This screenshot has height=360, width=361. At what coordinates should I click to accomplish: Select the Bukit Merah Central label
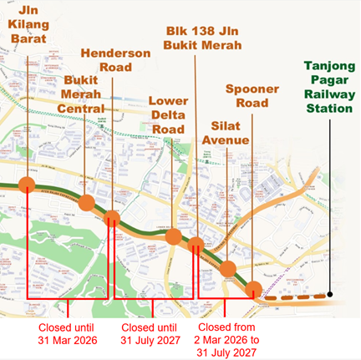85,93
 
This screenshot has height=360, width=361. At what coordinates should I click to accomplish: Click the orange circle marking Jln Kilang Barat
28,185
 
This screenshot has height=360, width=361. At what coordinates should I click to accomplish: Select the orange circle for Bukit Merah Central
87,204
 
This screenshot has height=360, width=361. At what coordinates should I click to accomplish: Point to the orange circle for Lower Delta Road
174,237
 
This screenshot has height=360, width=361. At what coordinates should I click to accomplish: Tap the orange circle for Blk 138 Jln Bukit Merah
196,245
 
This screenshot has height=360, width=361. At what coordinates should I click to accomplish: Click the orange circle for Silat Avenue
226,268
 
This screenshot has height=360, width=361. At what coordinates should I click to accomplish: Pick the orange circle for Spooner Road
253,289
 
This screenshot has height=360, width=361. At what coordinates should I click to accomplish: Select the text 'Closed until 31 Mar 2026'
68,333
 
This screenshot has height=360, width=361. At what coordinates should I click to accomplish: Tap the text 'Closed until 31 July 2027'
151,333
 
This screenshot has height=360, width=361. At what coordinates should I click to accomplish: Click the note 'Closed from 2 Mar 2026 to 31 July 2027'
231,339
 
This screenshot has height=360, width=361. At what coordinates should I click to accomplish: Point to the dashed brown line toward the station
292,294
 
